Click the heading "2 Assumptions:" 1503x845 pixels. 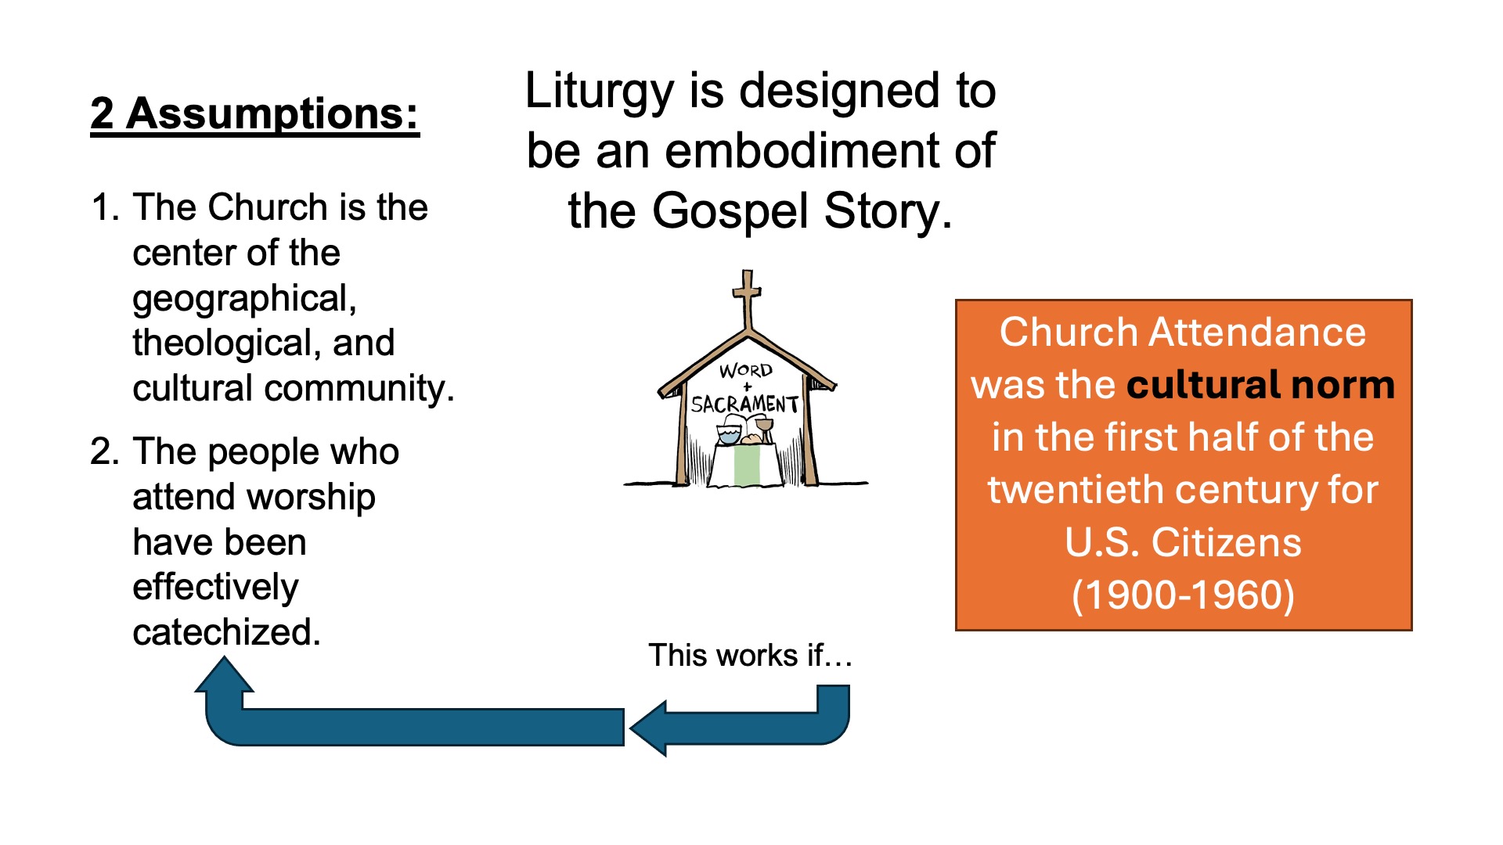[x=254, y=115]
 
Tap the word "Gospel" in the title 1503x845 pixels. [x=731, y=213]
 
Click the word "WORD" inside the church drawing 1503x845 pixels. [x=746, y=370]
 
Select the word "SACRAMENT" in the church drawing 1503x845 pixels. [x=744, y=404]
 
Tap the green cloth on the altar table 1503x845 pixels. [x=747, y=464]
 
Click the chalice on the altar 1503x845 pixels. [x=764, y=429]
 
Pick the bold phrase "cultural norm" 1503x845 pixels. [x=1260, y=385]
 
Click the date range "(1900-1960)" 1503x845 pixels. [x=1183, y=595]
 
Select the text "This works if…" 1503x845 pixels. [x=750, y=656]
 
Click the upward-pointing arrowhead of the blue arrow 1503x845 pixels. [x=225, y=674]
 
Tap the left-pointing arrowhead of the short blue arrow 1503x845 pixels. [x=648, y=728]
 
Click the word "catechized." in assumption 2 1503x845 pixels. [x=227, y=632]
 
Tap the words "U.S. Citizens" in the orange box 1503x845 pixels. [x=1183, y=542]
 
